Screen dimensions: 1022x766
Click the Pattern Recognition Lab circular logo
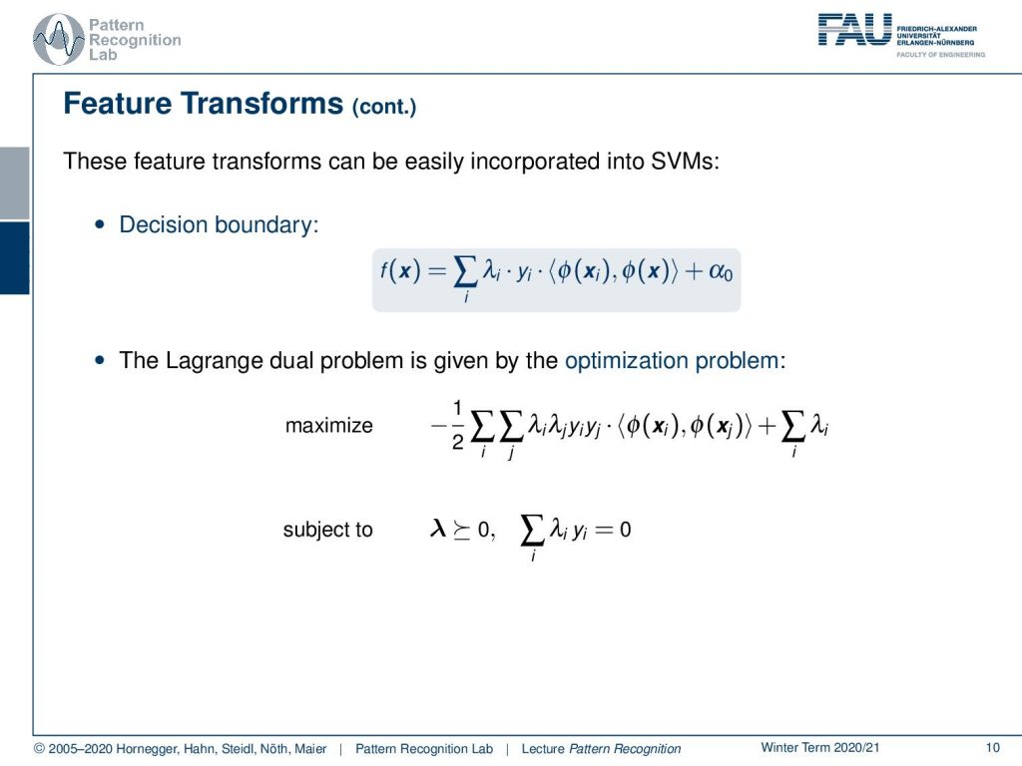pyautogui.click(x=59, y=39)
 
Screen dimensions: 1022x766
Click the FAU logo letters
pyautogui.click(x=854, y=30)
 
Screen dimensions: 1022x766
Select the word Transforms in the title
pyautogui.click(x=261, y=104)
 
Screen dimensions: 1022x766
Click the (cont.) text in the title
pyautogui.click(x=384, y=106)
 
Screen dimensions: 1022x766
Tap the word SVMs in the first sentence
pyautogui.click(x=685, y=161)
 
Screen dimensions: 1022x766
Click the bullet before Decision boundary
pyautogui.click(x=99, y=224)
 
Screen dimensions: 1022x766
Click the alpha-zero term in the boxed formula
pyautogui.click(x=721, y=271)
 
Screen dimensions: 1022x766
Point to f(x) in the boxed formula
pyautogui.click(x=400, y=270)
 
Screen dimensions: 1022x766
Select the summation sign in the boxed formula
pyautogui.click(x=465, y=272)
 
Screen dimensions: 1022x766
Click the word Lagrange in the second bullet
pyautogui.click(x=209, y=361)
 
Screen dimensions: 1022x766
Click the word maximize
pyautogui.click(x=329, y=425)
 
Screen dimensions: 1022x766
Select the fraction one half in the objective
pyautogui.click(x=457, y=426)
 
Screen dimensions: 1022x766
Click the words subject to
pyautogui.click(x=327, y=530)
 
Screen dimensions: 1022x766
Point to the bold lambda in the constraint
pyautogui.click(x=438, y=529)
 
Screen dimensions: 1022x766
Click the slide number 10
pyautogui.click(x=992, y=748)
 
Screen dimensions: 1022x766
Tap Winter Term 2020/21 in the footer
pyautogui.click(x=820, y=748)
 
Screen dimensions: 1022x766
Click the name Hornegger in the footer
pyautogui.click(x=146, y=749)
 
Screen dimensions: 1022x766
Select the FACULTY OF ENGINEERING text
pyautogui.click(x=940, y=55)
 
